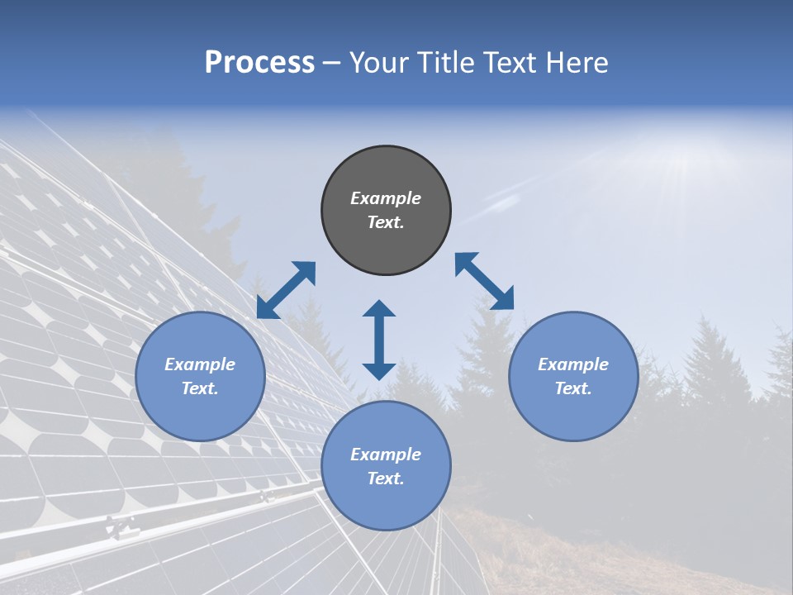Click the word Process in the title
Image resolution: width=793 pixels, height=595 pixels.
pyautogui.click(x=259, y=63)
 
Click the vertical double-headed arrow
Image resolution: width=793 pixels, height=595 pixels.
pyautogui.click(x=379, y=340)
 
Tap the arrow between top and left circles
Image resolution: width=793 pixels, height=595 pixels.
pyautogui.click(x=286, y=290)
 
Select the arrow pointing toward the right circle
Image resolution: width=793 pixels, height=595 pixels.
pyautogui.click(x=485, y=281)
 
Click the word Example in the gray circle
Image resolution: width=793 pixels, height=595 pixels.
pyautogui.click(x=386, y=198)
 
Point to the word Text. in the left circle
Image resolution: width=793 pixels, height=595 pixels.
pyautogui.click(x=200, y=388)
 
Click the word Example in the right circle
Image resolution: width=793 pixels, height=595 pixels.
pyautogui.click(x=573, y=364)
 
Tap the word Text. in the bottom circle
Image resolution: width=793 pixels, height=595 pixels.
pyautogui.click(x=386, y=478)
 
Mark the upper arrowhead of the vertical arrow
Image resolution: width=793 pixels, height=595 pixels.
pyautogui.click(x=379, y=309)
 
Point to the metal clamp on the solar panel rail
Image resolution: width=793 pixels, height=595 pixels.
pyautogui.click(x=122, y=527)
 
